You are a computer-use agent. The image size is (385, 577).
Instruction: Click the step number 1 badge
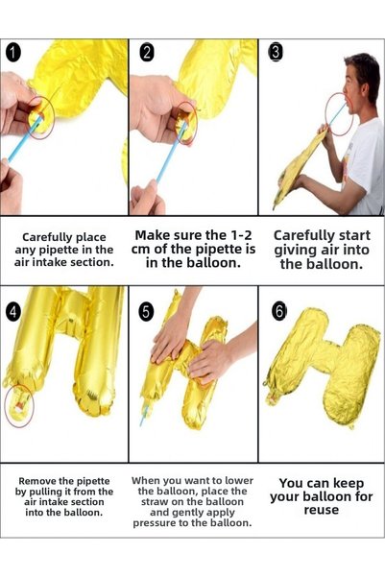pyautogui.click(x=12, y=53)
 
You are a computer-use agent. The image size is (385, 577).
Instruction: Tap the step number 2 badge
pyautogui.click(x=147, y=53)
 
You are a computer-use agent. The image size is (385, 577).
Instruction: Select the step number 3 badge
pyautogui.click(x=277, y=52)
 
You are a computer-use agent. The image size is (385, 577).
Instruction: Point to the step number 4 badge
pyautogui.click(x=12, y=312)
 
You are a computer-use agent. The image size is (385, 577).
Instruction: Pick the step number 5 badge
pyautogui.click(x=146, y=312)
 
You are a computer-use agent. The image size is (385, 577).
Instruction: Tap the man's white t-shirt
pyautogui.click(x=365, y=165)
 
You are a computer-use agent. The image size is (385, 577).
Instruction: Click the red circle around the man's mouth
pyautogui.click(x=326, y=114)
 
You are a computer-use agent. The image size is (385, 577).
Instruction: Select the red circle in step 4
pyautogui.click(x=6, y=405)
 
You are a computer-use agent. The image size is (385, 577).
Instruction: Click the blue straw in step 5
pyautogui.click(x=144, y=415)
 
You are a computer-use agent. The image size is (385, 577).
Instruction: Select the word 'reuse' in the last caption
pyautogui.click(x=322, y=511)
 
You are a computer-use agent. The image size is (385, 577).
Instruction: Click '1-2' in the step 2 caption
pyautogui.click(x=241, y=235)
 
